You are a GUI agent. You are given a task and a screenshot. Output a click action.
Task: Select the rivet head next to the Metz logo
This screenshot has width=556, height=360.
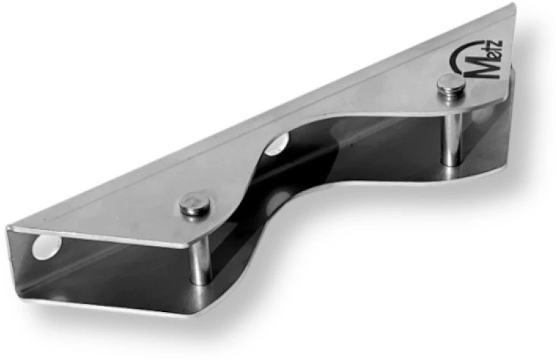[x=451, y=84]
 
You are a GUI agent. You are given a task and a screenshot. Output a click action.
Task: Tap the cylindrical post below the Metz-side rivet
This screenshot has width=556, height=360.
[x=452, y=138]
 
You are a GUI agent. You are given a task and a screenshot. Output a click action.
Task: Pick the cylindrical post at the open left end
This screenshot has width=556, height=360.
[x=201, y=260]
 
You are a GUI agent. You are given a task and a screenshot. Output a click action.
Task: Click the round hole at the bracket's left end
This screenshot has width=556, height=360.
[x=46, y=247]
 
